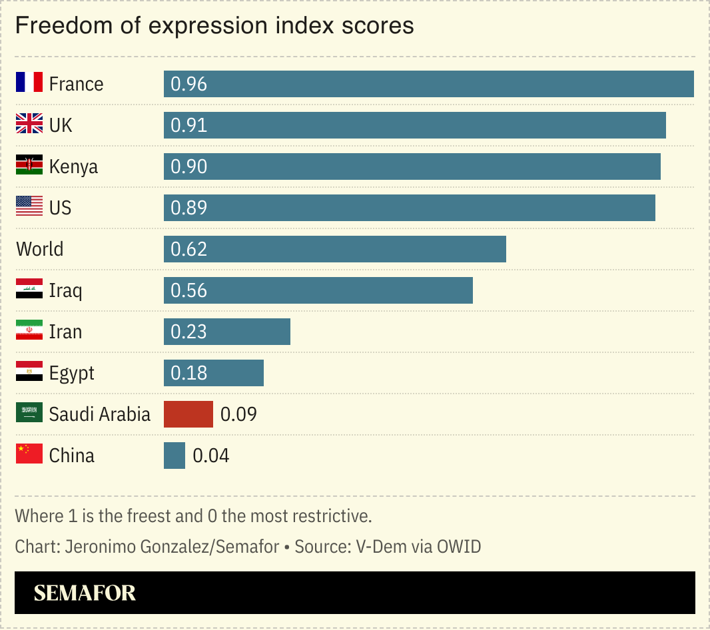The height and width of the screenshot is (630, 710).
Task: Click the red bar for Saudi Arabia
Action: [x=188, y=414]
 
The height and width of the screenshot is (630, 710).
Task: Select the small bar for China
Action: [x=175, y=456]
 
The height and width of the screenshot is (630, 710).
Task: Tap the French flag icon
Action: [x=29, y=84]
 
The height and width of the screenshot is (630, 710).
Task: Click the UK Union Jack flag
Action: [x=29, y=125]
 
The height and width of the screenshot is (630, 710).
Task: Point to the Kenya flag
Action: [x=29, y=166]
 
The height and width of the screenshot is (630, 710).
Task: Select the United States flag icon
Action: [x=29, y=208]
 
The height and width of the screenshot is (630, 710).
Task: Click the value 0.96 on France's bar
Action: [x=189, y=85]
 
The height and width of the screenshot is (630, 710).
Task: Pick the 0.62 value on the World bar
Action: [x=189, y=250]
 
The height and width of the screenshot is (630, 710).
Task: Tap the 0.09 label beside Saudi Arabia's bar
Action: [x=238, y=415]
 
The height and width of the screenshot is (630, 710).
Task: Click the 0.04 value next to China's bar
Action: [x=210, y=456]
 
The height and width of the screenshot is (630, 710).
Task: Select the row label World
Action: [x=40, y=250]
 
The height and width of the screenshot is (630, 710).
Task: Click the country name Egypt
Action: [x=72, y=374]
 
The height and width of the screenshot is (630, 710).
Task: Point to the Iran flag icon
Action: [x=29, y=332]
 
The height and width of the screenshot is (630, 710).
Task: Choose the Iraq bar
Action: [x=318, y=290]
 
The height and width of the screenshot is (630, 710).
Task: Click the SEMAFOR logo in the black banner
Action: [x=85, y=593]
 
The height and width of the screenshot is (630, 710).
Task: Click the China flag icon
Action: [x=29, y=456]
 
